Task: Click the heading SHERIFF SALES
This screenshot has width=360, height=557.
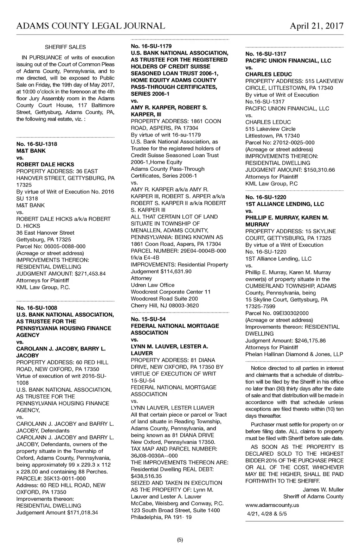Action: pyautogui.click(x=65, y=47)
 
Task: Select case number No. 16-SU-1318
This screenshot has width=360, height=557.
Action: pyautogui.click(x=37, y=144)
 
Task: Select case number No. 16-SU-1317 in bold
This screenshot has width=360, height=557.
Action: pyautogui.click(x=266, y=54)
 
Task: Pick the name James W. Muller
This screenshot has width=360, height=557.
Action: pyautogui.click(x=323, y=490)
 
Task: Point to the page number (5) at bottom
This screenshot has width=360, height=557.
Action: pyautogui.click(x=180, y=540)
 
